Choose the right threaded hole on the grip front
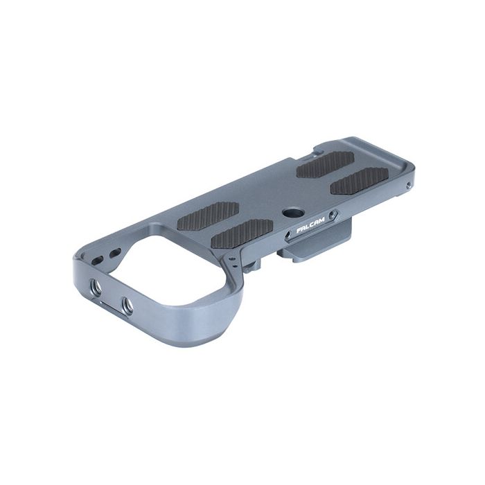[x=127, y=303]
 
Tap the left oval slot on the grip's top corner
[x=98, y=256]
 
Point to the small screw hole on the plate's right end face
[x=409, y=184]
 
